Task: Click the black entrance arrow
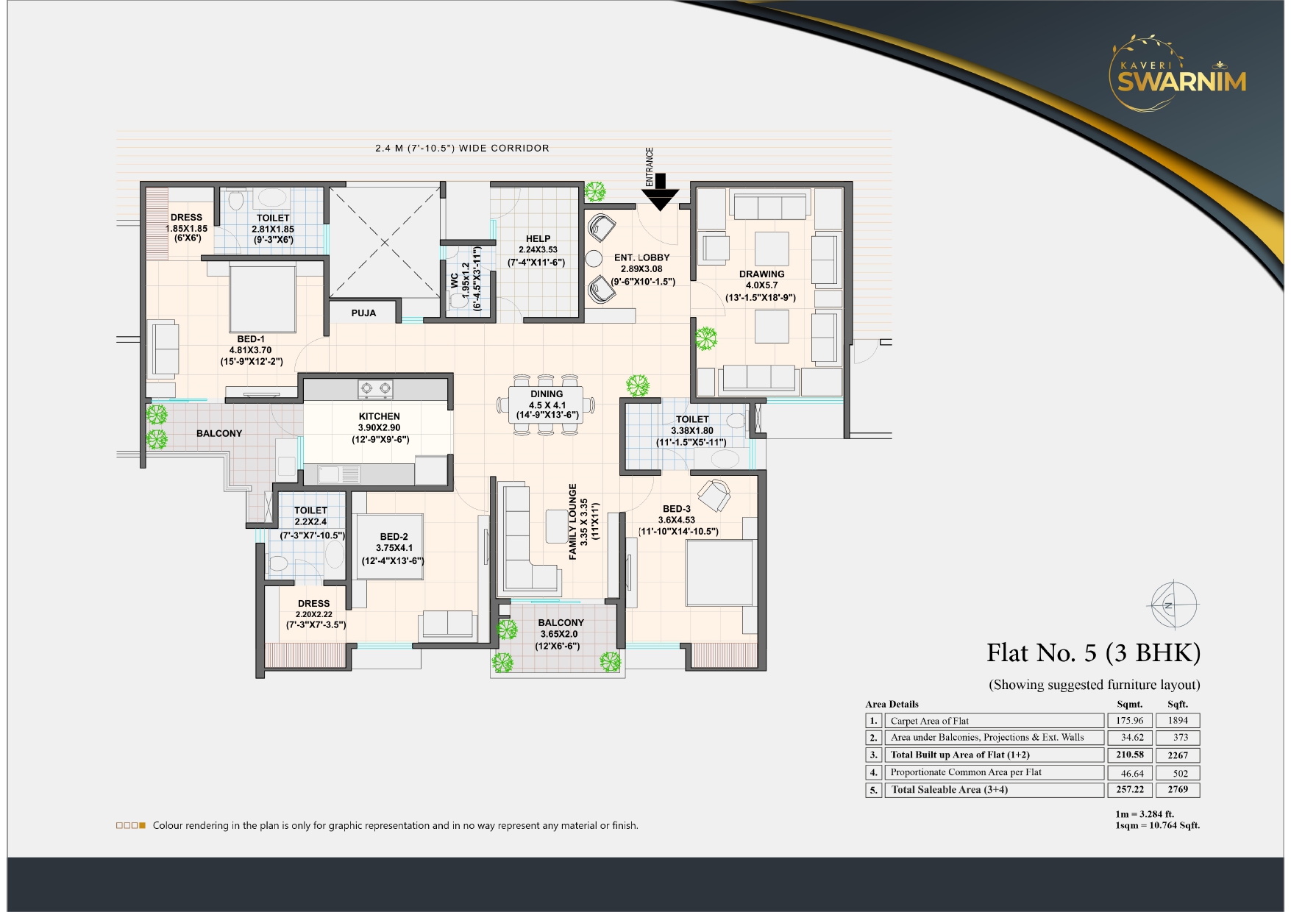click(x=660, y=193)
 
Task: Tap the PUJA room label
click(x=363, y=313)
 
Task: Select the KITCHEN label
click(x=380, y=416)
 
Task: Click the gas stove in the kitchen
click(x=375, y=389)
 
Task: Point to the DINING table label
click(x=547, y=394)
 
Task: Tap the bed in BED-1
click(x=263, y=298)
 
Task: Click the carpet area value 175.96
click(x=1129, y=721)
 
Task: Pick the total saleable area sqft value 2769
click(x=1178, y=790)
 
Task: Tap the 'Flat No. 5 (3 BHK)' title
click(x=1093, y=653)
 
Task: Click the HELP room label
click(x=538, y=239)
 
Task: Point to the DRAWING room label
click(x=761, y=274)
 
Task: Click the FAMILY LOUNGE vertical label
click(x=573, y=521)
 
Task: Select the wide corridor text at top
click(x=462, y=149)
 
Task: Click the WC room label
click(x=455, y=280)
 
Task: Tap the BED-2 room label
click(x=394, y=537)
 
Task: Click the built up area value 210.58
click(x=1129, y=755)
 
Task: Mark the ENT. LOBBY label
click(x=641, y=258)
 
